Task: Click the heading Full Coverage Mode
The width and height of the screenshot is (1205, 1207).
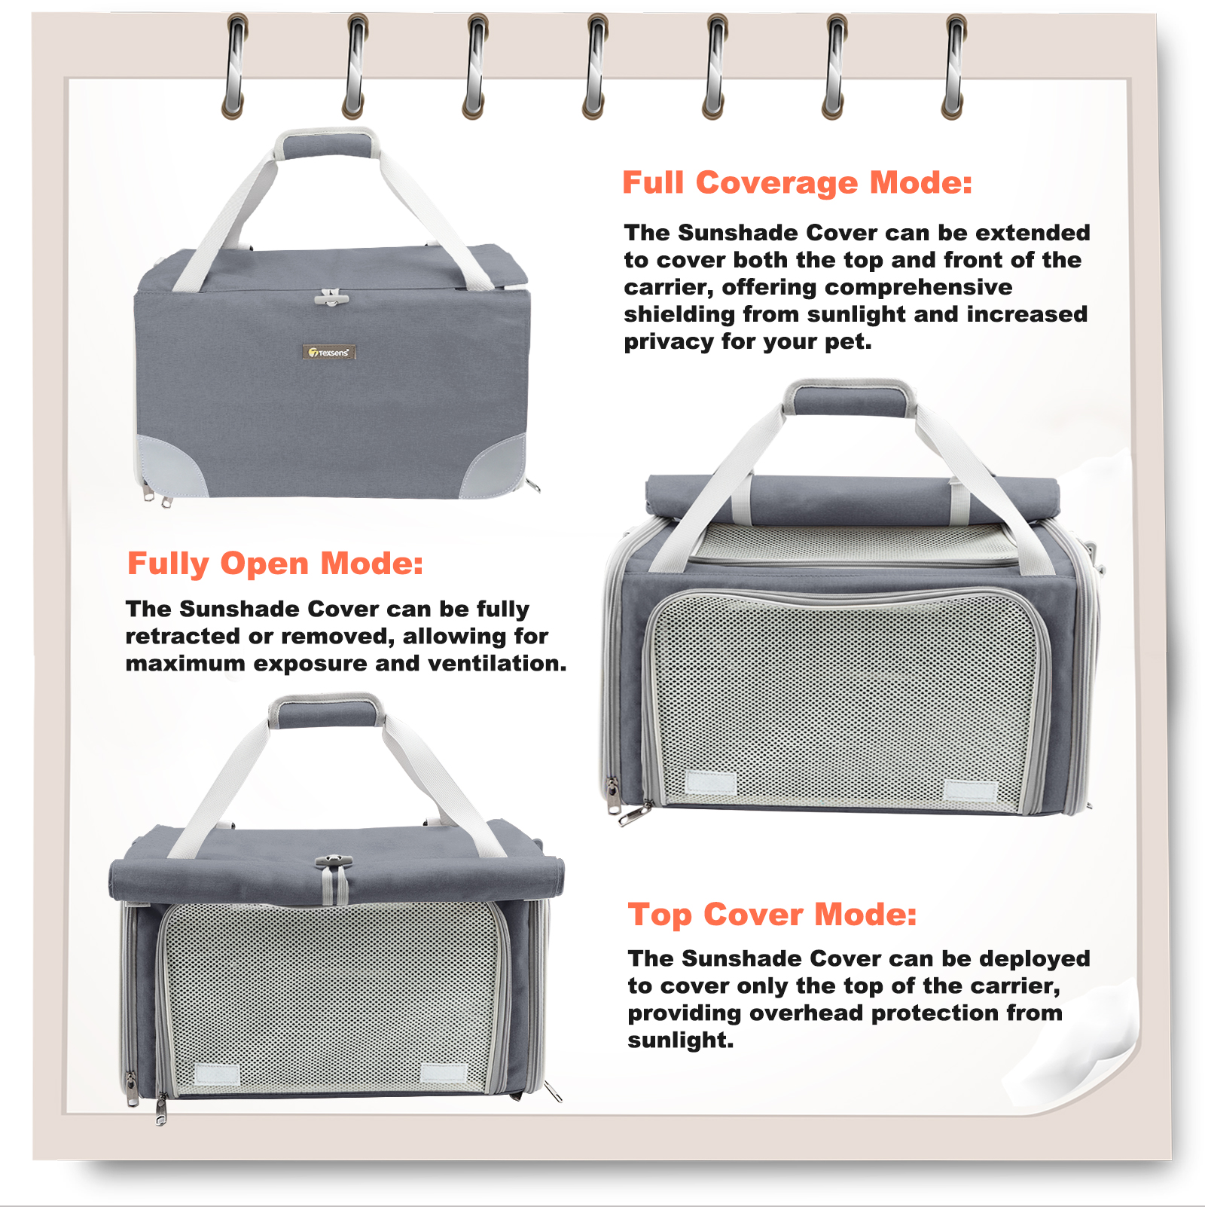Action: [797, 183]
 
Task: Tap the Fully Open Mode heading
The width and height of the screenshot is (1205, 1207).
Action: [275, 564]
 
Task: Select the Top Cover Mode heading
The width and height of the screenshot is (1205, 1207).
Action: [772, 915]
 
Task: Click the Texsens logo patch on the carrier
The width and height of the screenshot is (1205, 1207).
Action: [329, 352]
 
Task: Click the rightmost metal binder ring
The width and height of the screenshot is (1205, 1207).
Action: [954, 66]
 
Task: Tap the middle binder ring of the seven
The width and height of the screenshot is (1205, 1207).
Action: [596, 66]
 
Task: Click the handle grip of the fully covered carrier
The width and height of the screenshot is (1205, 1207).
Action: [327, 144]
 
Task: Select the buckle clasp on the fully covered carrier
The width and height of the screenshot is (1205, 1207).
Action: [331, 297]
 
